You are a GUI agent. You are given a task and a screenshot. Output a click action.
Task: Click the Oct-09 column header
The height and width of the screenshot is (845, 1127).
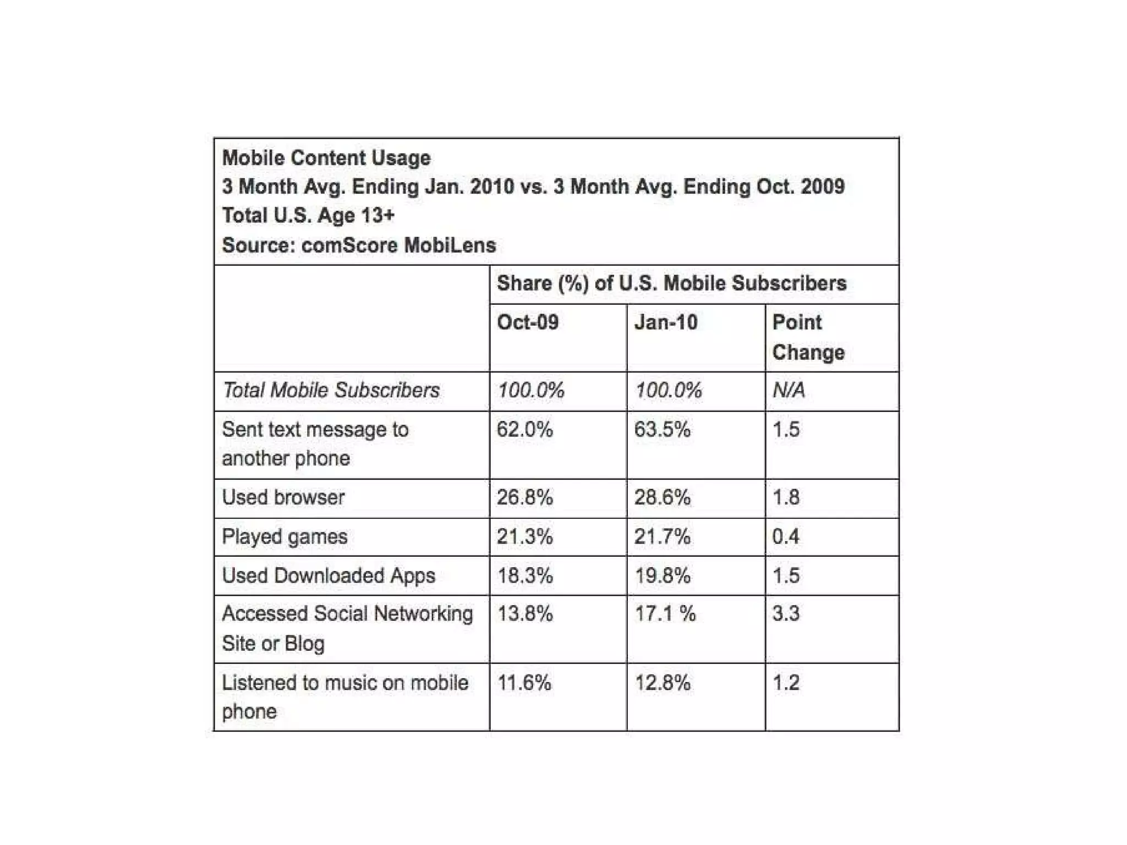point(528,322)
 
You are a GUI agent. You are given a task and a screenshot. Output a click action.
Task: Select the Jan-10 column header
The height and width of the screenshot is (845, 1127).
point(666,322)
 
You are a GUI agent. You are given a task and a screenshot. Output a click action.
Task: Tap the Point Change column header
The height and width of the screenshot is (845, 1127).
point(808,337)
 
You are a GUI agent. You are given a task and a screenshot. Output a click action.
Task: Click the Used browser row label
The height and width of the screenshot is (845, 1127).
point(283,497)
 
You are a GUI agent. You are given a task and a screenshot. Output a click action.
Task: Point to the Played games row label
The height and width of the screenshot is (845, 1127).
point(285,536)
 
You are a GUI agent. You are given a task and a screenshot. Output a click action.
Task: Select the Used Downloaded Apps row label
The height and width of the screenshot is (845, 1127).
point(329,575)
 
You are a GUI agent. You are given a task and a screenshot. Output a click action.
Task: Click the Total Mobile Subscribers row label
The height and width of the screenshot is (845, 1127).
point(331,391)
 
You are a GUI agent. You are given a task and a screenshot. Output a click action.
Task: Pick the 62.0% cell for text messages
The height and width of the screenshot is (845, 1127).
point(524,430)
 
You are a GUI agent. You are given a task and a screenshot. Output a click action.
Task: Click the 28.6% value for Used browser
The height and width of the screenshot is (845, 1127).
point(662,497)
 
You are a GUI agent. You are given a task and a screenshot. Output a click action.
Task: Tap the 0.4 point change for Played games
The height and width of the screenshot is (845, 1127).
point(786,536)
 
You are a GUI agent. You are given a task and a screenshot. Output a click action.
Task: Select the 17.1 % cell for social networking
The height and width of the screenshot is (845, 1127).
point(665,614)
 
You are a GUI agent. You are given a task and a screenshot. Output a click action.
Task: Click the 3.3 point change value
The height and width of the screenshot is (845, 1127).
point(786,614)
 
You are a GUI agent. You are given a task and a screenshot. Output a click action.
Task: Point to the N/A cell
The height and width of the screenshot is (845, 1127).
point(789,391)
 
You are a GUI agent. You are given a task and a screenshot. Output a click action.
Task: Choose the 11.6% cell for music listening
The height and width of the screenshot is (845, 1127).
point(524,683)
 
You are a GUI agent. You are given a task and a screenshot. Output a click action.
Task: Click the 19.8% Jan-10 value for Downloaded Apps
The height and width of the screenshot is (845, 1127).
point(662,575)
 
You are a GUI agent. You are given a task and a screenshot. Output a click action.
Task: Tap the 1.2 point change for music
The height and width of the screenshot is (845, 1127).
point(786,683)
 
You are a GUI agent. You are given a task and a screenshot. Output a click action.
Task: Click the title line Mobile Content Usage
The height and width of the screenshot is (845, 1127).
point(326,158)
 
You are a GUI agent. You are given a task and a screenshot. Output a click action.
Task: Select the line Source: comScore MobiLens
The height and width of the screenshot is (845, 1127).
point(359,245)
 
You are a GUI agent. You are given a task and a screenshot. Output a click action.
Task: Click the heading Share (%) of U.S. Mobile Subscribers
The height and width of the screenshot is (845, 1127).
point(671,284)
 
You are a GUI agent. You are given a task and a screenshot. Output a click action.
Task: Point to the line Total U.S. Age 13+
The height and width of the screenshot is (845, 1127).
point(308,216)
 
